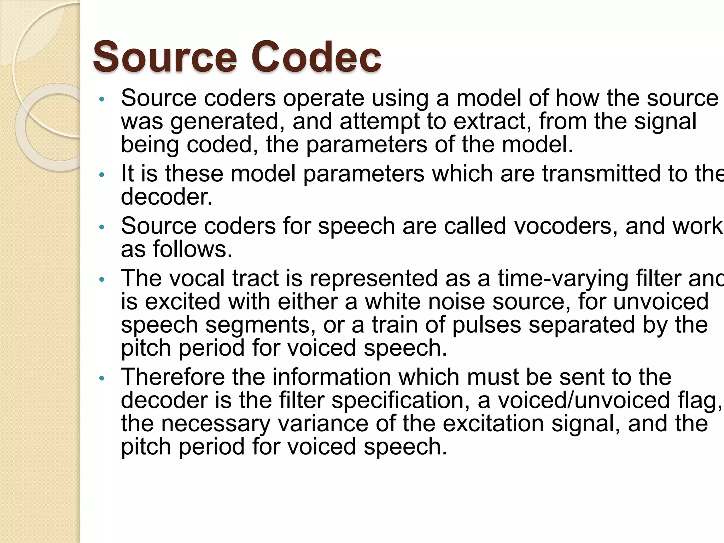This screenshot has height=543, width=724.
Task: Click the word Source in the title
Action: click(x=165, y=57)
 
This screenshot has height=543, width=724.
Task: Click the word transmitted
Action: click(x=601, y=174)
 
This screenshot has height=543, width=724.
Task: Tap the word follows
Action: click(x=193, y=249)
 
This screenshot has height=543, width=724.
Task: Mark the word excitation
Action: click(x=493, y=424)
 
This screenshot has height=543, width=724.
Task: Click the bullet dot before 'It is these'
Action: click(x=102, y=175)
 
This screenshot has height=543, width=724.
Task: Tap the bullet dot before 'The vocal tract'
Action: click(x=102, y=280)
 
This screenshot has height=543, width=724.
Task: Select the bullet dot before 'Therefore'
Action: click(x=102, y=378)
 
